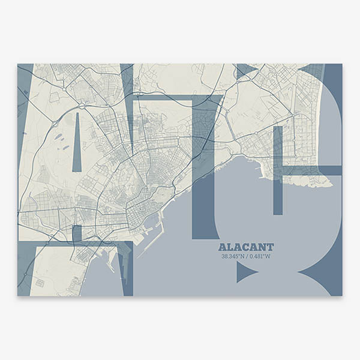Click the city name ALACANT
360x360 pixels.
pyautogui.click(x=246, y=247)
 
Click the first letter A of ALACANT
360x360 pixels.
pyautogui.click(x=223, y=247)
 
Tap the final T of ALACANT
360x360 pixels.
pyautogui.click(x=270, y=247)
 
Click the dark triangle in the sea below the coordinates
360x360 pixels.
pyautogui.click(x=245, y=272)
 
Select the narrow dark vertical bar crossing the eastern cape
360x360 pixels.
pyautogui.click(x=277, y=171)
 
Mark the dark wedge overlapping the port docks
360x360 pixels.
pyautogui.click(x=125, y=264)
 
